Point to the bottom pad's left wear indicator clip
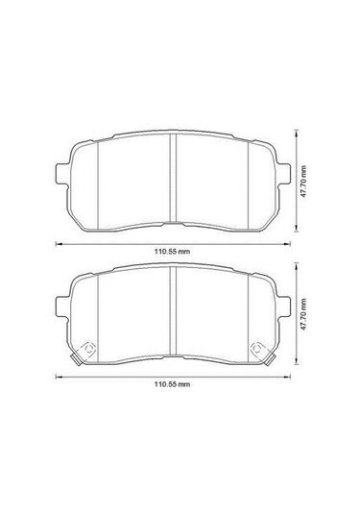87,350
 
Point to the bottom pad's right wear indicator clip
257,350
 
